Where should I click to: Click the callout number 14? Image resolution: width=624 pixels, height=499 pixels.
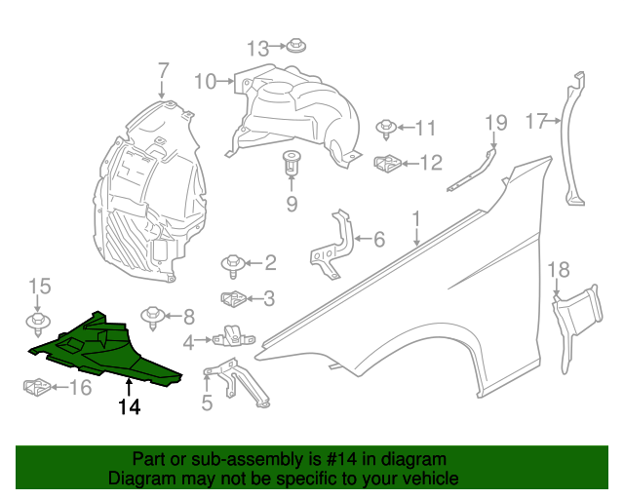[130, 407]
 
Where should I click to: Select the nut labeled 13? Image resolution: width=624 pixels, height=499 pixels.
[295, 45]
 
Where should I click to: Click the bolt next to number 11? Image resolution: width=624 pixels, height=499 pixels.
[386, 127]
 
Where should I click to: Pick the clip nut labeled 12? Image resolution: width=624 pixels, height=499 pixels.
[387, 163]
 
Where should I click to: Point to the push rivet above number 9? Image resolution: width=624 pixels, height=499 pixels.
[291, 163]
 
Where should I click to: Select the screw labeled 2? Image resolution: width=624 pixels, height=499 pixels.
[233, 262]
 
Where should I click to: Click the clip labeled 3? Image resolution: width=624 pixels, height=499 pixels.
[233, 298]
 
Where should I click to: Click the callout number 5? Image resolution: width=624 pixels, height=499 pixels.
[207, 401]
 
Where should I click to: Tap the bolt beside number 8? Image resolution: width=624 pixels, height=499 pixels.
[153, 316]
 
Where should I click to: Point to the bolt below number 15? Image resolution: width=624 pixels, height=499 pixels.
[37, 321]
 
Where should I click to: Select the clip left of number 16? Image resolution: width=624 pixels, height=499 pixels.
[37, 388]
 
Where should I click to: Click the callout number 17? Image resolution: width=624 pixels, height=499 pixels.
[536, 121]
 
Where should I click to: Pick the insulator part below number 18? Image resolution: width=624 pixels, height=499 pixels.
[575, 322]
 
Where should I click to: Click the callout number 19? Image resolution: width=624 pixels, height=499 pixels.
[495, 123]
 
